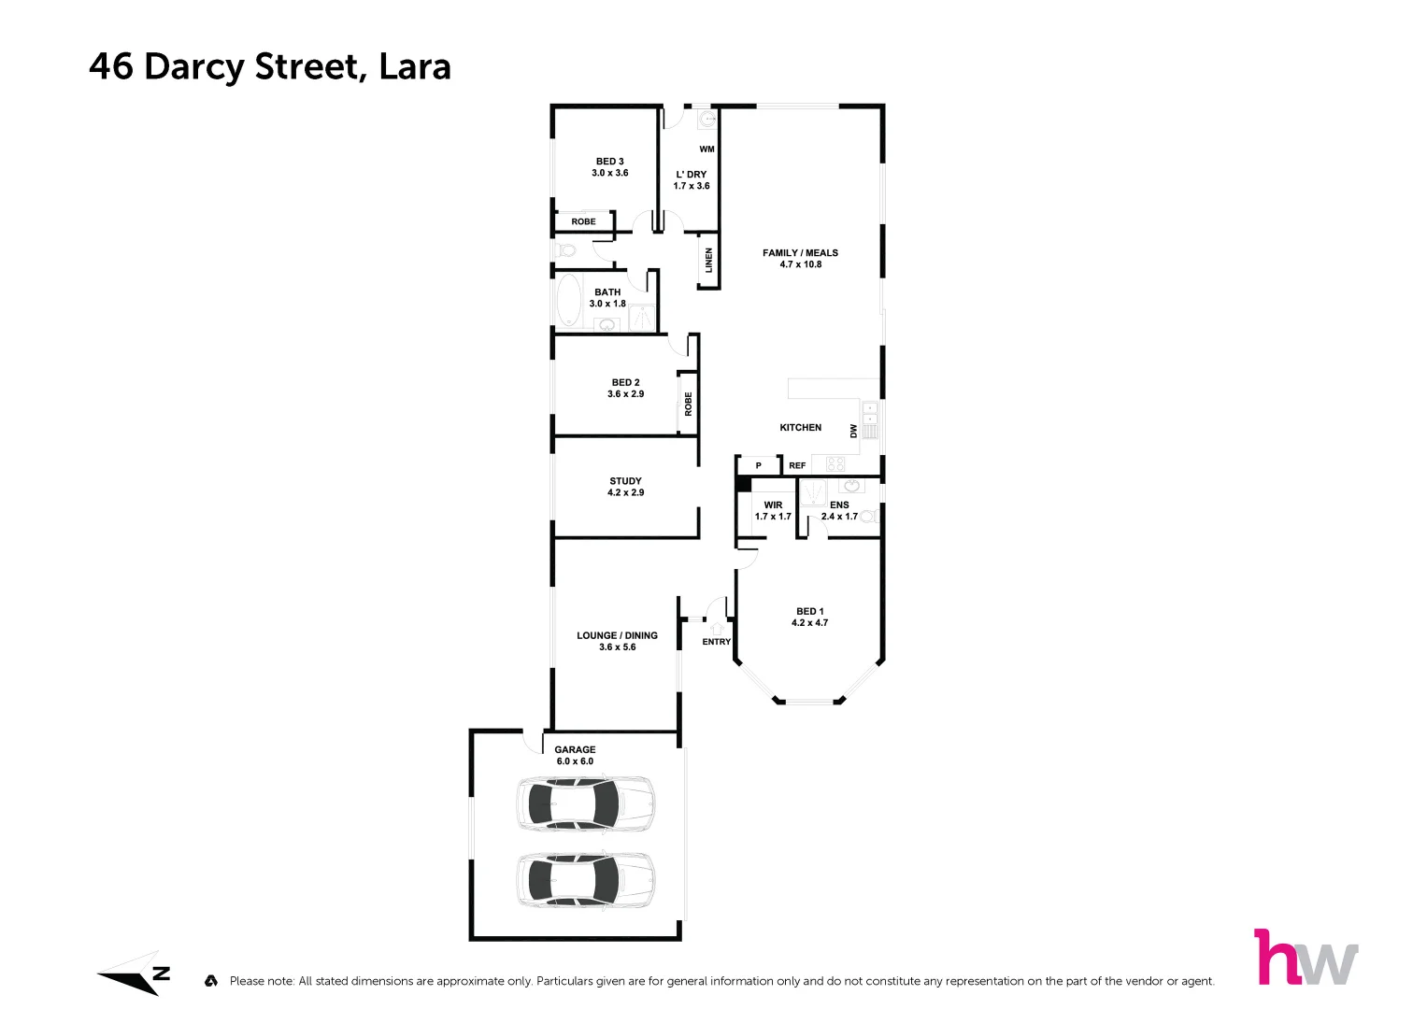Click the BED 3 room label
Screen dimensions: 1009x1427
coord(609,162)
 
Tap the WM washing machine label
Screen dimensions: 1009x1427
coord(706,149)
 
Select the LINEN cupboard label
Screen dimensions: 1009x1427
coord(709,261)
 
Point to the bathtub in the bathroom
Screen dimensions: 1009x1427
coord(568,301)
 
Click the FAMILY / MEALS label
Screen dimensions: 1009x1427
coord(800,253)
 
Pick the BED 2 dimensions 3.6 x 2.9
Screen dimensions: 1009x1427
coord(625,394)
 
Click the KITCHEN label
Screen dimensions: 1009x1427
coord(800,428)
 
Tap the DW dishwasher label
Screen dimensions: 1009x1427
coord(853,431)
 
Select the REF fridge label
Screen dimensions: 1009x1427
coord(796,465)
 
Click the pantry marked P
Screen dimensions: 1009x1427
coord(758,465)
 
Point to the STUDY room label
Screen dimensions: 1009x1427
coord(625,481)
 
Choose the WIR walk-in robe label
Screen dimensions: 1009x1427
coord(773,505)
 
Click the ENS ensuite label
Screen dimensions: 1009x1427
coord(839,505)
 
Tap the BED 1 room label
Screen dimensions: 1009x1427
coord(809,612)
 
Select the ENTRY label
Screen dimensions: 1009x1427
coord(716,642)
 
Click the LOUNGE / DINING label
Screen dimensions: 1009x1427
coord(617,635)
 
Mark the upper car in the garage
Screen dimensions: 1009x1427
coord(585,803)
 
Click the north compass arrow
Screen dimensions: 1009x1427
coord(136,975)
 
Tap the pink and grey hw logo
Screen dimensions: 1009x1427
coord(1305,958)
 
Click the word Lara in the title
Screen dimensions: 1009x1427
coord(415,67)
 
